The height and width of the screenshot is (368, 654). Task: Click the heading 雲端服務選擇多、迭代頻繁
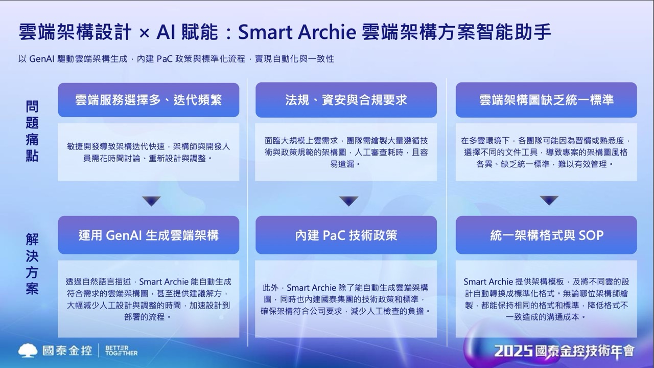(148, 100)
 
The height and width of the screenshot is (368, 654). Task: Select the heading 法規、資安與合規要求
(346, 100)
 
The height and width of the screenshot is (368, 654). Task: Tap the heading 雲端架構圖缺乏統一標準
(546, 100)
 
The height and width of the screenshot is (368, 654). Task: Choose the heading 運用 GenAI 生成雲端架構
(148, 235)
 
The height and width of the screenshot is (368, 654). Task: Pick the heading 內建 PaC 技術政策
(346, 235)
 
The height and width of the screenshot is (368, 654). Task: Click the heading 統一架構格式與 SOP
(546, 235)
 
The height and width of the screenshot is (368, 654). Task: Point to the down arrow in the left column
(151, 201)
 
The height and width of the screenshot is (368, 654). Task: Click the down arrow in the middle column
(348, 201)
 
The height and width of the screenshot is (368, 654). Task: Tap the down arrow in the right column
(549, 201)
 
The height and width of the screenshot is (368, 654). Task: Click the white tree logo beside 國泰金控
(28, 350)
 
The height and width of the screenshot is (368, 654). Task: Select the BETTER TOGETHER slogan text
(121, 351)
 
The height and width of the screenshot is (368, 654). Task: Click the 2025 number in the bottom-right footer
(513, 351)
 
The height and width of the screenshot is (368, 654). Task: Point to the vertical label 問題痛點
(32, 131)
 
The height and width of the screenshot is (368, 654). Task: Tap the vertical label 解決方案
(32, 264)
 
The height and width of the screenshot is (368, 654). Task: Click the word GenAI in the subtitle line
(42, 59)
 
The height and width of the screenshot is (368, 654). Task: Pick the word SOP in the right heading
(591, 235)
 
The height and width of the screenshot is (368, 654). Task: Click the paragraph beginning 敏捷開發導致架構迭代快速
(148, 153)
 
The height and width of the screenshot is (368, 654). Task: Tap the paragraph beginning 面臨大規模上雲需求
(346, 153)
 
